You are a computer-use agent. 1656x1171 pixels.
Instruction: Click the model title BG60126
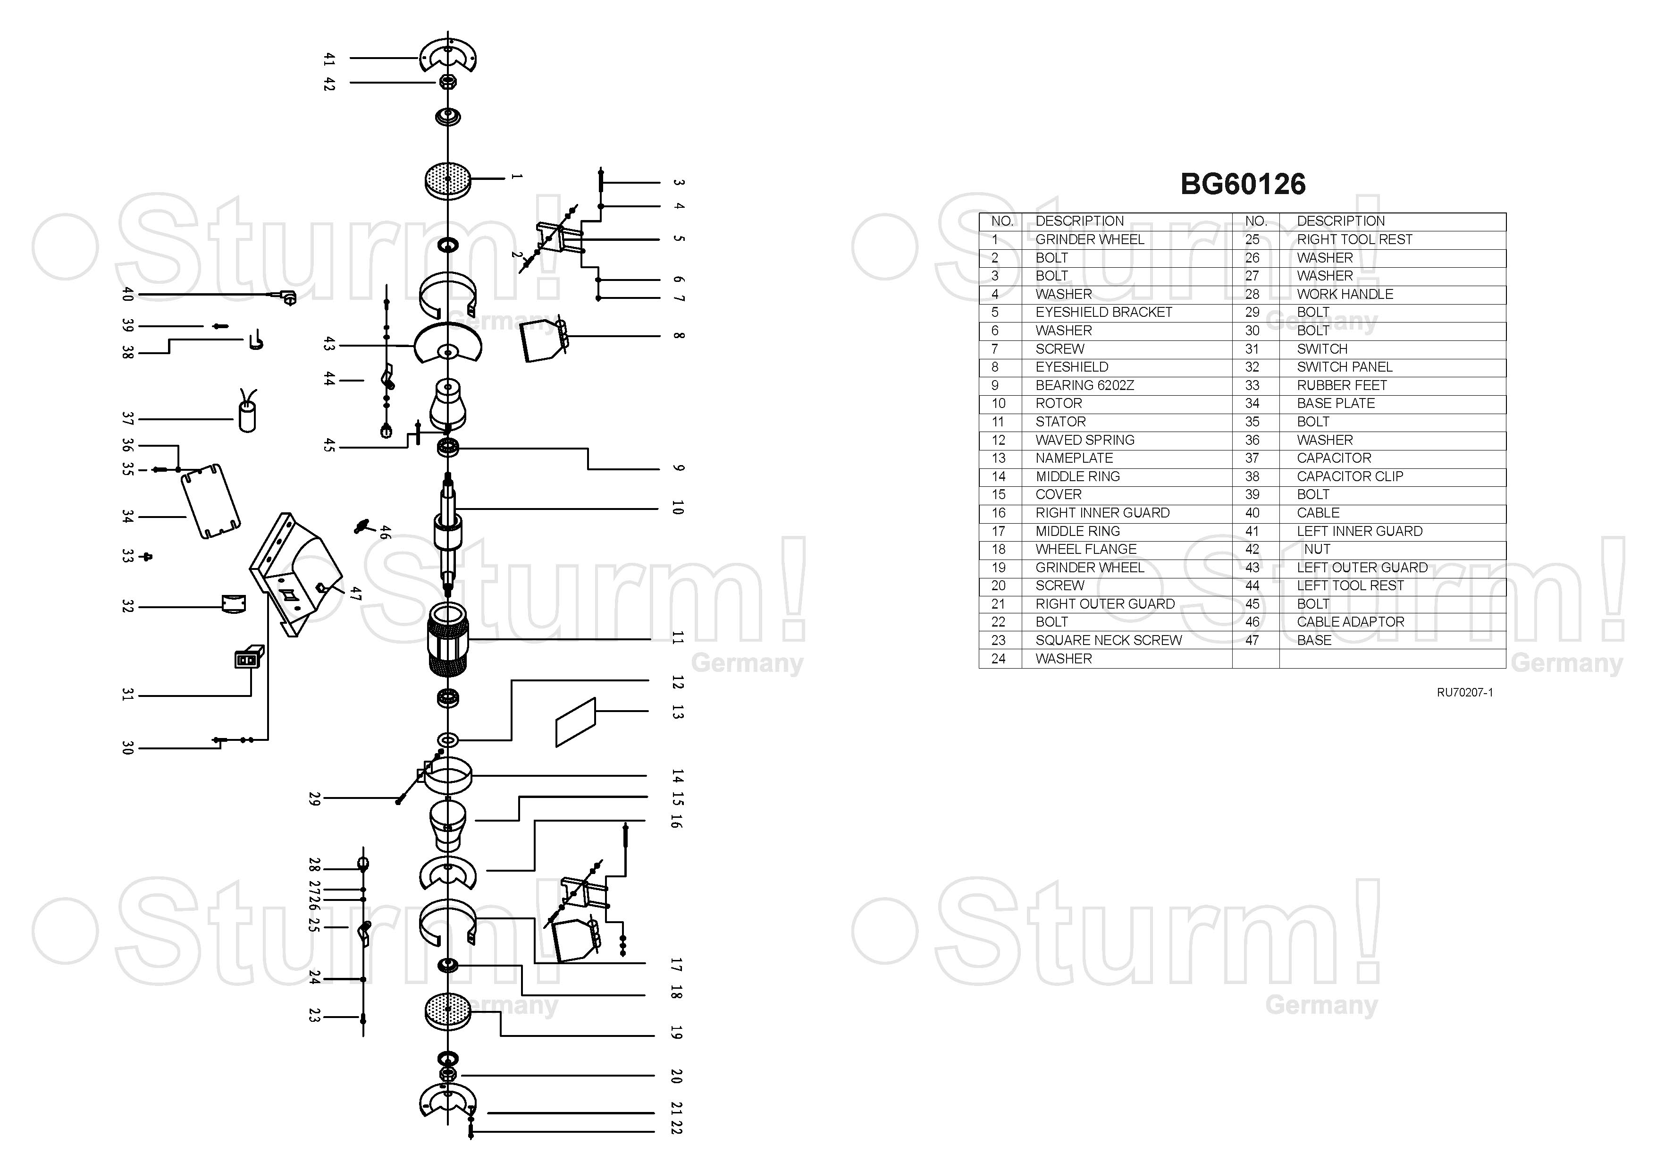1242,184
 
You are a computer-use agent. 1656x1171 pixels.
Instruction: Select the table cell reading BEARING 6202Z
1084,385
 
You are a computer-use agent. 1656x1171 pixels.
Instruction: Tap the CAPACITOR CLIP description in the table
1349,476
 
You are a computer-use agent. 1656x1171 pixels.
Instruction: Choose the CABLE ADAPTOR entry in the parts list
1350,622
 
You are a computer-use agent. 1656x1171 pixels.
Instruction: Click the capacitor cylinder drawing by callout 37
247,417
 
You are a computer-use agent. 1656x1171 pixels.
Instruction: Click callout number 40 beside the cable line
128,294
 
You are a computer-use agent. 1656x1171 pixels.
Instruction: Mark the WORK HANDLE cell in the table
1345,294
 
